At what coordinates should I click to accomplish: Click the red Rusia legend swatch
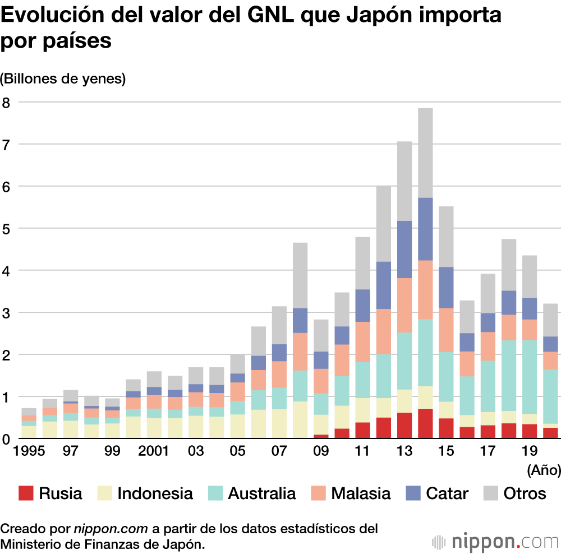[26, 493]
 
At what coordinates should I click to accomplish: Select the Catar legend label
[447, 493]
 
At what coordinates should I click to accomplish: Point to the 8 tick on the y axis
[6, 103]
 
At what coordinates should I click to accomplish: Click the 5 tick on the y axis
[6, 228]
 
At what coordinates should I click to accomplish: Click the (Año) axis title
[544, 470]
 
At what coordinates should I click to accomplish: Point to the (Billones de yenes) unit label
[63, 79]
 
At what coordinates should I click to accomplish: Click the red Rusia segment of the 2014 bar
[425, 424]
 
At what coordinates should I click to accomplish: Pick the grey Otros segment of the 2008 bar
[300, 275]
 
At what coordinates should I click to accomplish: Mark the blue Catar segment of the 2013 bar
[404, 250]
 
